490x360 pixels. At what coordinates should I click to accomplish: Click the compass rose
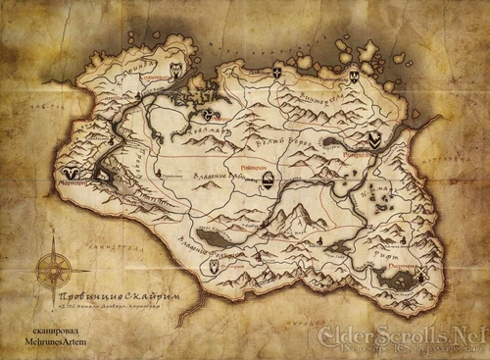pos(55,272)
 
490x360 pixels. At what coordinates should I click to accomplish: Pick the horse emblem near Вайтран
pos(277,177)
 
